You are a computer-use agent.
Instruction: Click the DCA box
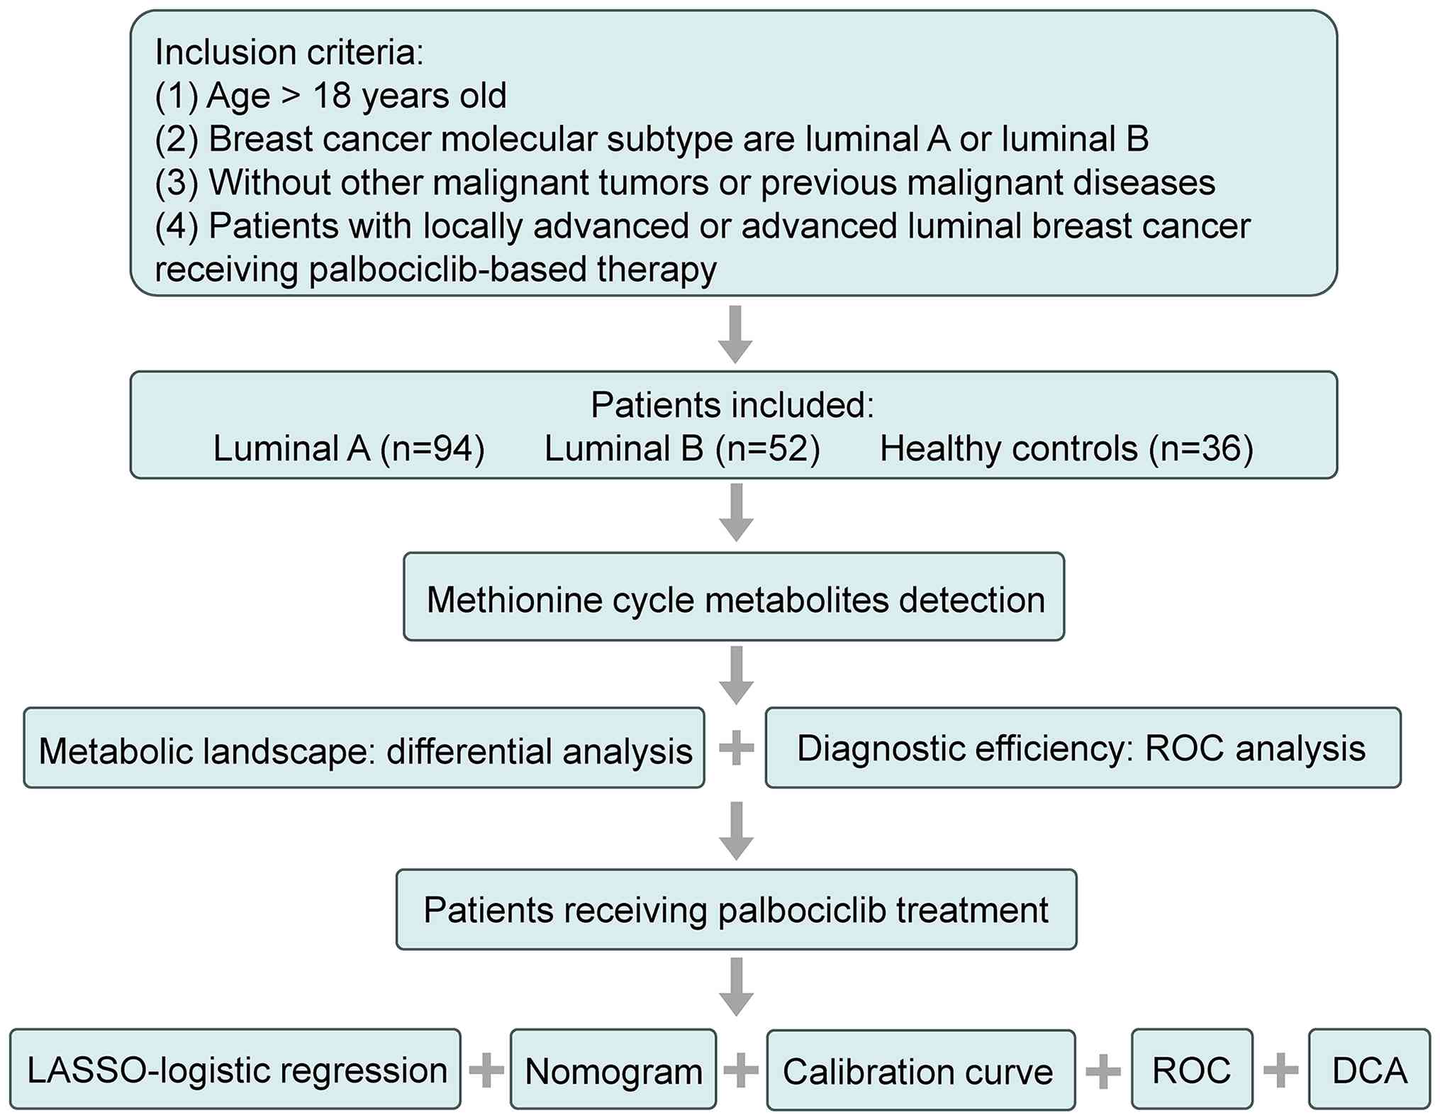pyautogui.click(x=1369, y=1069)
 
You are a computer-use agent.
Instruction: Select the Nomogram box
pyautogui.click(x=613, y=1069)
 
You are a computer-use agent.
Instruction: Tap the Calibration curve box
pyautogui.click(x=921, y=1070)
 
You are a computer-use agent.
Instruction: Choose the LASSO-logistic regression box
pyautogui.click(x=235, y=1069)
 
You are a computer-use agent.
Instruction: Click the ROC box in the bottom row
pyautogui.click(x=1192, y=1069)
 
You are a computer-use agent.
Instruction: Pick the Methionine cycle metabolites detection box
pyautogui.click(x=734, y=597)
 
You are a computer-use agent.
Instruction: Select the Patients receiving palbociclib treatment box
pyautogui.click(x=736, y=909)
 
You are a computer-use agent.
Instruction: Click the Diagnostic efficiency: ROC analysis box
pyautogui.click(x=1083, y=748)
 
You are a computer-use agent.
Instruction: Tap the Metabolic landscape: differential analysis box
pyautogui.click(x=364, y=748)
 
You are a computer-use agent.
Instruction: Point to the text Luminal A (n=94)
pyautogui.click(x=349, y=449)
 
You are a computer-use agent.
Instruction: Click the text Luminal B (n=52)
pyautogui.click(x=682, y=449)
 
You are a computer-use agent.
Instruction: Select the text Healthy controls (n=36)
pyautogui.click(x=1067, y=449)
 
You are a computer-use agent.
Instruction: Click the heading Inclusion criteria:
pyautogui.click(x=289, y=52)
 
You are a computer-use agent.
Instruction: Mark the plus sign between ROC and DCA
pyautogui.click(x=1280, y=1070)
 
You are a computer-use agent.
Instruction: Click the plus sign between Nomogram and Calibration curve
pyautogui.click(x=741, y=1070)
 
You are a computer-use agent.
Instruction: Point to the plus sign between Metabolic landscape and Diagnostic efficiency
pyautogui.click(x=736, y=748)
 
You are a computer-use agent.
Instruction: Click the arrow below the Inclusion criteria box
pyautogui.click(x=735, y=335)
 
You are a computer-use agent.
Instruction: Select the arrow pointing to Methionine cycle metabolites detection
pyautogui.click(x=736, y=513)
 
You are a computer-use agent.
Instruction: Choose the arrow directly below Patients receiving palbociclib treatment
pyautogui.click(x=736, y=987)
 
